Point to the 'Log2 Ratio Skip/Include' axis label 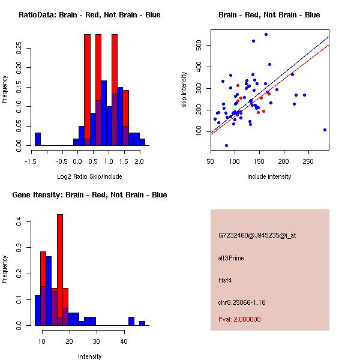[89, 176]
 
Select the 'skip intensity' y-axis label [185, 90]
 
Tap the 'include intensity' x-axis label [269, 176]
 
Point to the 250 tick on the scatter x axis [308, 161]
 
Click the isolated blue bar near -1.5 [38, 139]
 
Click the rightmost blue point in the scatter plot [325, 130]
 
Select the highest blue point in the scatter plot [266, 35]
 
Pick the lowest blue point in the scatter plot [226, 145]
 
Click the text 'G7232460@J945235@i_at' [257, 235]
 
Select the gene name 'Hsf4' [225, 280]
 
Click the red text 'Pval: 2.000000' [239, 319]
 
